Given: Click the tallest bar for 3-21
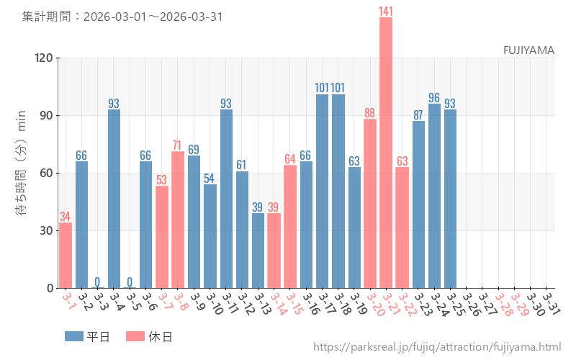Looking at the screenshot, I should point(386,153).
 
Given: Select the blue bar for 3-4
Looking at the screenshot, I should point(114,199).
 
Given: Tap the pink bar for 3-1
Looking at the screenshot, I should point(66,256).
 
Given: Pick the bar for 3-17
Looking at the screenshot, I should point(322,191).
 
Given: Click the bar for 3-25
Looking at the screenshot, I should point(450,199).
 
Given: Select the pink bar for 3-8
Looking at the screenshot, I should point(178,220).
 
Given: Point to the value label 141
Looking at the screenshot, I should point(386,11).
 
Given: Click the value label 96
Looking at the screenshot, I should point(434,97).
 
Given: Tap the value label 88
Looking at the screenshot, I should point(370,112).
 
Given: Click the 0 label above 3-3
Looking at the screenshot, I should point(98,282).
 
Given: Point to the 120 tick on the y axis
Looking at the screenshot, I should point(44,58).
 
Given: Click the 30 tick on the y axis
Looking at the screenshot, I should point(47,230).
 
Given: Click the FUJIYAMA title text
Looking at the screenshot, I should point(528,50).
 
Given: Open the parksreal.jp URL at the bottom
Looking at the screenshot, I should point(437,348).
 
